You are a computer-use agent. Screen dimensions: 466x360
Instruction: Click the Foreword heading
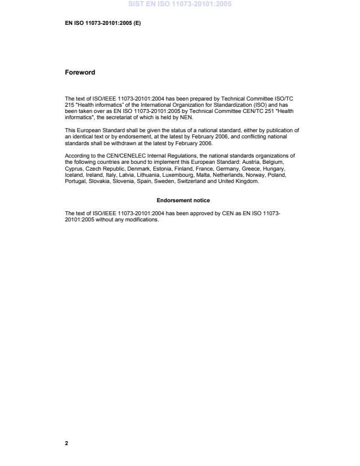79,72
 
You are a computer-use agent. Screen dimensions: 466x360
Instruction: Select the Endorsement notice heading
183,201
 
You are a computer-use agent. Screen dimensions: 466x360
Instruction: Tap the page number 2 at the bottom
67,443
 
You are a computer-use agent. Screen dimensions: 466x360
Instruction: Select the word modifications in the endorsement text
144,220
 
